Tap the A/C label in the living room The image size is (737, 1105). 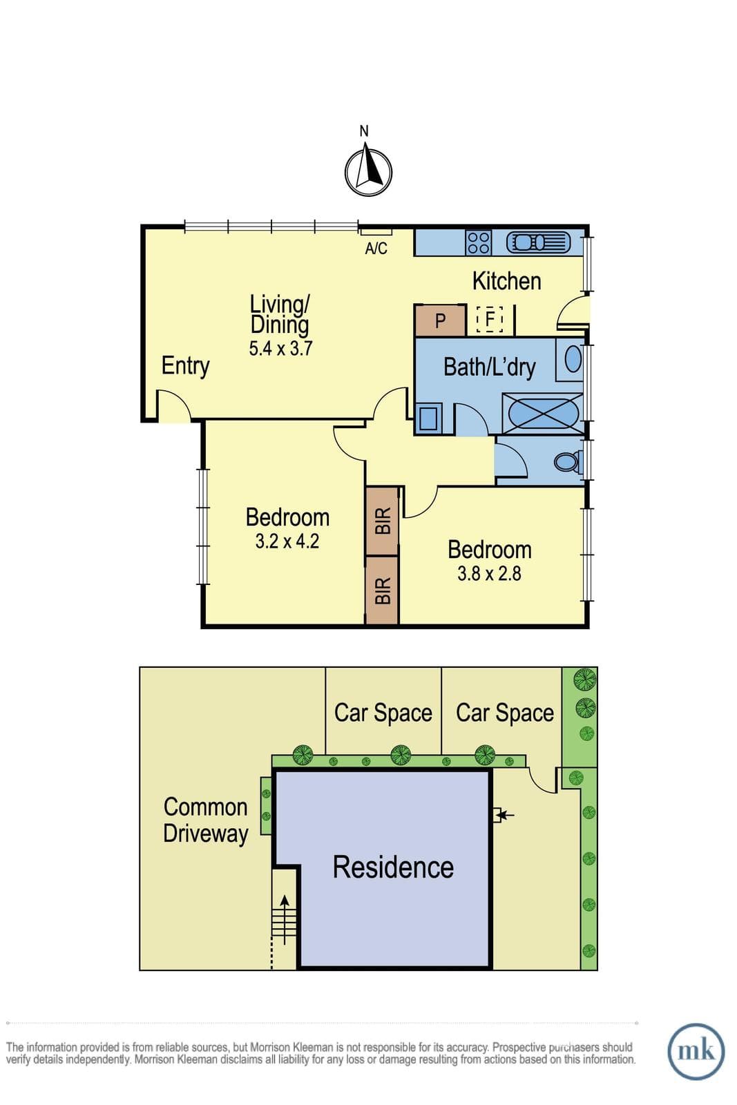coord(376,248)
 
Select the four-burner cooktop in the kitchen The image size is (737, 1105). coord(478,242)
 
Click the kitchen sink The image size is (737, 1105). coord(538,242)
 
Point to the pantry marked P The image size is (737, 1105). coord(440,320)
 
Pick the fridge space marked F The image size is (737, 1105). coord(489,318)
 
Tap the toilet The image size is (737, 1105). coord(568,462)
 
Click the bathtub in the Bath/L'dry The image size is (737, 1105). coord(542,414)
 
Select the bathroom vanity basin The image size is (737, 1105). coord(572,359)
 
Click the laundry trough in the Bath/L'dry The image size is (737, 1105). coord(428,418)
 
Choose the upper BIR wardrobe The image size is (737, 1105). coord(382,521)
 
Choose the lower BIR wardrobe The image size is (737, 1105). coord(382,590)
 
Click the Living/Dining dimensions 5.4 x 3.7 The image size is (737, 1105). coord(280,349)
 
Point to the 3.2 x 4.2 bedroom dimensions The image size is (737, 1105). coord(287,541)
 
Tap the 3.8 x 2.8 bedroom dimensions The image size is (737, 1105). coord(489,574)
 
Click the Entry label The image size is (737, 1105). coord(186,366)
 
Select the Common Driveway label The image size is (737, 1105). coord(206,820)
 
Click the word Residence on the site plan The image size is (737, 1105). coord(393,867)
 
